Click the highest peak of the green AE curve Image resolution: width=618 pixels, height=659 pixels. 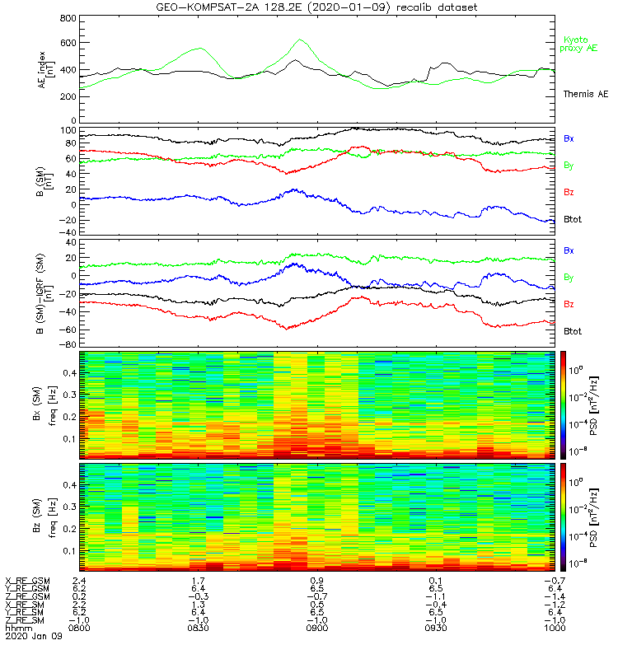(x=300, y=40)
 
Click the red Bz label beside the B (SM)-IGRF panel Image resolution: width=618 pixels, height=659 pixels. (x=569, y=305)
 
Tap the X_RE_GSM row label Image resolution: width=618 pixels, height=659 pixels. (x=28, y=580)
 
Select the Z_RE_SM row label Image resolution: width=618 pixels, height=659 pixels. (x=26, y=619)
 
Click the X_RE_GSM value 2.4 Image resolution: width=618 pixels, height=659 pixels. (x=80, y=580)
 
